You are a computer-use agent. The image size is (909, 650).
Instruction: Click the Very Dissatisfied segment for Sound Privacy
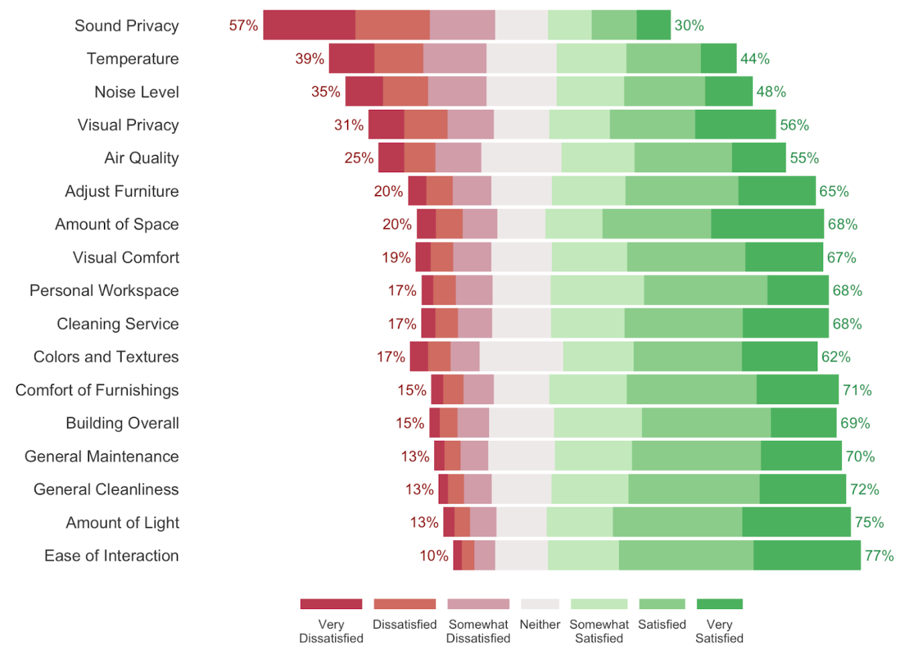[309, 25]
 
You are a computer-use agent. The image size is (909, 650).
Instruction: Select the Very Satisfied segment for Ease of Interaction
[806, 555]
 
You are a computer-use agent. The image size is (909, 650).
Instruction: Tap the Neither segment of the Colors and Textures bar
[521, 356]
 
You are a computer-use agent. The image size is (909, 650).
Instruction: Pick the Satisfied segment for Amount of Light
[677, 522]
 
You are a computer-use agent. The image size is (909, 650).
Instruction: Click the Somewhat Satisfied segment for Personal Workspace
[596, 290]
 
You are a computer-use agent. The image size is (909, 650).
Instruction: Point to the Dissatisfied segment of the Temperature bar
[398, 58]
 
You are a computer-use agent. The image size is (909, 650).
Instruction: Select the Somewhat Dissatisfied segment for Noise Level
[457, 92]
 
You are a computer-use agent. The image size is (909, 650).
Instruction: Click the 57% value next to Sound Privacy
[243, 25]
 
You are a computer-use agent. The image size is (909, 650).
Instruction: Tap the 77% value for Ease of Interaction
[878, 556]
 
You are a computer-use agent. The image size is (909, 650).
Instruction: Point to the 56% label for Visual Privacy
[794, 125]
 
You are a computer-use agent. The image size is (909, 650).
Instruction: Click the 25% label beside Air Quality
[359, 158]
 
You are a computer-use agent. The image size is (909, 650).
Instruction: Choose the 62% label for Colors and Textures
[836, 357]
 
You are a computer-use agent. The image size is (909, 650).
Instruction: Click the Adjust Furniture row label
[122, 191]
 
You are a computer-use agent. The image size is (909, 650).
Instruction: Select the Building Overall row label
[122, 423]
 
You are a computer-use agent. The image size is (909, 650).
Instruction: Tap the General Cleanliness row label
[106, 489]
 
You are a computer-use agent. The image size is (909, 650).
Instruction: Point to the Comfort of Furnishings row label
[97, 390]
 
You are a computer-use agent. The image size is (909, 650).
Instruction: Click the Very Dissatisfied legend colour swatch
[331, 604]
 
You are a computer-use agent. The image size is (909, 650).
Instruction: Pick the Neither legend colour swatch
[539, 604]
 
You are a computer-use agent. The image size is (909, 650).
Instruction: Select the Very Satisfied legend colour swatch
[719, 604]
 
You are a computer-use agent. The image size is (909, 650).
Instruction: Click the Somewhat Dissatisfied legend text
[478, 631]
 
